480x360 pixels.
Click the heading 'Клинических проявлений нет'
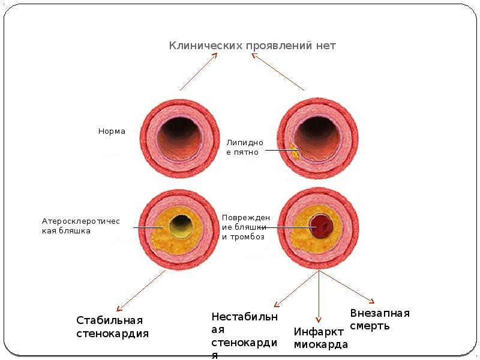pyautogui.click(x=252, y=46)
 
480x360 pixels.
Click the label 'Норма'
pyautogui.click(x=112, y=131)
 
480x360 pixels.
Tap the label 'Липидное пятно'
pyautogui.click(x=243, y=148)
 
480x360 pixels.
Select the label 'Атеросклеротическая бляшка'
pyautogui.click(x=80, y=226)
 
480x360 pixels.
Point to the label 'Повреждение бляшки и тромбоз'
pyautogui.click(x=246, y=227)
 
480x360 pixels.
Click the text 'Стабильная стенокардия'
pyautogui.click(x=112, y=327)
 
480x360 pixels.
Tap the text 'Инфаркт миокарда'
pyautogui.click(x=320, y=338)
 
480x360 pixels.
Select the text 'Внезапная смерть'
pyautogui.click(x=379, y=320)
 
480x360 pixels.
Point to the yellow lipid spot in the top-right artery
pyautogui.click(x=295, y=149)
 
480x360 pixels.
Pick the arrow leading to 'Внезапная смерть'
pyautogui.click(x=348, y=287)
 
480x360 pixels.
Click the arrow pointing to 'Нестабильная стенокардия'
pyautogui.click(x=296, y=289)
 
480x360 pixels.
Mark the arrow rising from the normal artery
pyautogui.click(x=198, y=71)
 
